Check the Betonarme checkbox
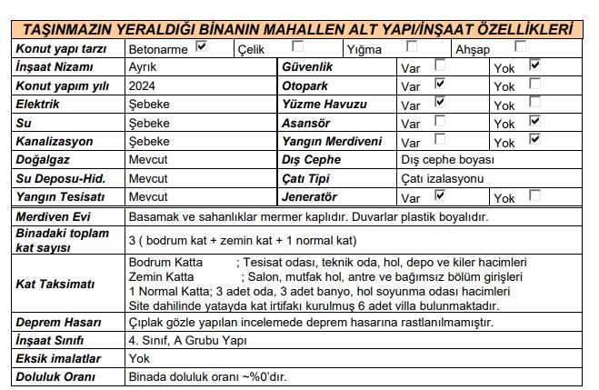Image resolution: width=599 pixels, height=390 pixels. pos(202,45)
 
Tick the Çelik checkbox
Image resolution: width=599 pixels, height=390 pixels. pos(297,45)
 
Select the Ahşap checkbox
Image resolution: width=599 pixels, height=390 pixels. pos(520,45)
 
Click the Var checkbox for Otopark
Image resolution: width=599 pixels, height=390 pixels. pos(441,83)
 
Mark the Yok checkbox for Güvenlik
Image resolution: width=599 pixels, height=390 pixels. pos(534,65)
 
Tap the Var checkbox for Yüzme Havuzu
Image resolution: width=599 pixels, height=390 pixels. pos(441,102)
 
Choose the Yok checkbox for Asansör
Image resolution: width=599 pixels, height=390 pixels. pos(534,121)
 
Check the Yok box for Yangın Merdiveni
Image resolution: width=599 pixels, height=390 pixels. pos(534,140)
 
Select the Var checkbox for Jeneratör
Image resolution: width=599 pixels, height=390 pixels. pos(441,195)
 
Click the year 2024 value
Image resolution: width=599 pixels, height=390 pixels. pos(143,85)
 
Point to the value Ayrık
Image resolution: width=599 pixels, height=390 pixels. pos(143,66)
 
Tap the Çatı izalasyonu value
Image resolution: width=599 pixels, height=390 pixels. pos(443,178)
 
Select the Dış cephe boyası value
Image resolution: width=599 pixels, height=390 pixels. pos(446,160)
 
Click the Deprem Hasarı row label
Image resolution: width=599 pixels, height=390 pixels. pos(57,323)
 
